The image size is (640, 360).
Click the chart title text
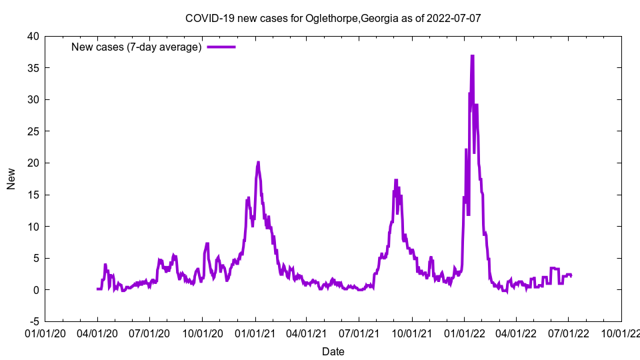(333, 19)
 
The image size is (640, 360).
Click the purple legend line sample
(221, 47)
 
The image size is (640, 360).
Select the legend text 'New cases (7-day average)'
(137, 47)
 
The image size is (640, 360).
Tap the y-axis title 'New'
(11, 179)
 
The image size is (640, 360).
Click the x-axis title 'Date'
(333, 351)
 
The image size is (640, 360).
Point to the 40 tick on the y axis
(33, 36)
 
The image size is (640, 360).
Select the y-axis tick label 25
(33, 131)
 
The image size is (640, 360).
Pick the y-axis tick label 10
(33, 227)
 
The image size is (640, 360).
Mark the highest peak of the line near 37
(472, 56)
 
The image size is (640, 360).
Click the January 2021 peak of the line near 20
(258, 162)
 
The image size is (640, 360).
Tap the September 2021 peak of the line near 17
(396, 180)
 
